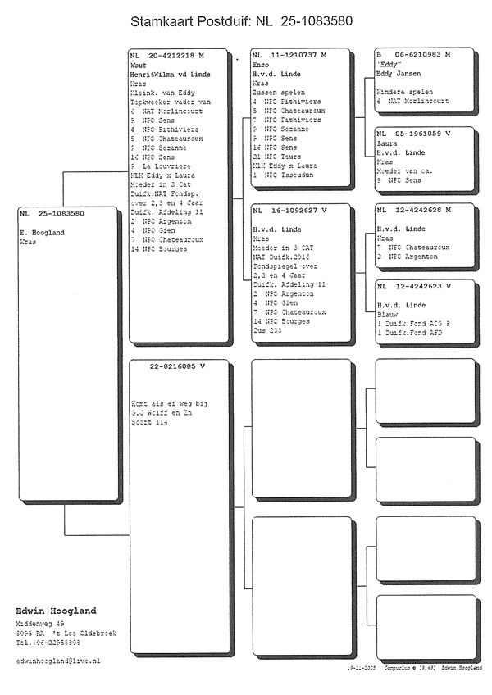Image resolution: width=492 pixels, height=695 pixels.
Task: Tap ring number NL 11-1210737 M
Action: tap(289, 55)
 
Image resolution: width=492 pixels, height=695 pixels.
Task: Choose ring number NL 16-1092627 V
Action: tap(289, 211)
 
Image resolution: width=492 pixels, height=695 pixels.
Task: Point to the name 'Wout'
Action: tap(139, 65)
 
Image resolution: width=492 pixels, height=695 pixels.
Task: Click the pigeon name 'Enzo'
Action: tap(262, 65)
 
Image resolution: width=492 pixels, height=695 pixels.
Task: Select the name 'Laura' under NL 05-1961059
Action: tap(386, 142)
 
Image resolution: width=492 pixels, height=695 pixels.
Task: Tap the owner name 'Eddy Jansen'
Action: tap(398, 74)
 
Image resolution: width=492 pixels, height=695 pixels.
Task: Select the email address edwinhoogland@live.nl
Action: tap(58, 660)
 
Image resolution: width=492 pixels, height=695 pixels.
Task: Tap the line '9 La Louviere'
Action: tap(162, 166)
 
